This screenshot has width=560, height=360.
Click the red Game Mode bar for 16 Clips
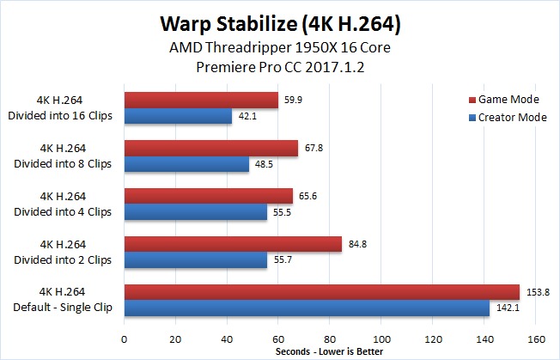[202, 100]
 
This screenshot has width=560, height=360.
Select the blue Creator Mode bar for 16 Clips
[178, 116]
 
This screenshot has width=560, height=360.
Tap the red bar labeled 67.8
[211, 149]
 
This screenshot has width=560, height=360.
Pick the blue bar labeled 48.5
[186, 164]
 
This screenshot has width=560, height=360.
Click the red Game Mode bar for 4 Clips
[209, 196]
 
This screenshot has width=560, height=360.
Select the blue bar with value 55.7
[196, 260]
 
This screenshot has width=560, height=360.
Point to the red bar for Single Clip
[322, 292]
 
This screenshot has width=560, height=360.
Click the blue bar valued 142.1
[307, 308]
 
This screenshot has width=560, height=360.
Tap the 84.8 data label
[357, 244]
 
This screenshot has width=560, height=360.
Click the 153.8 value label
[538, 292]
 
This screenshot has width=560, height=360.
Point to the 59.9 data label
[293, 100]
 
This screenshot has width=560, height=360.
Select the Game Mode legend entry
[504, 100]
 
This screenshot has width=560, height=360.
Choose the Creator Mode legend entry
[508, 118]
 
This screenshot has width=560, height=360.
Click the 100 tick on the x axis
[381, 339]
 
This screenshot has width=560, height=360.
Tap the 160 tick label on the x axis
[535, 339]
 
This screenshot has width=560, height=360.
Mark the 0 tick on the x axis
[125, 339]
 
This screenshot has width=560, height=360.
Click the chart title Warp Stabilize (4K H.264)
[280, 24]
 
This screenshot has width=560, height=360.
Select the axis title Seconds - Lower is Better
[329, 351]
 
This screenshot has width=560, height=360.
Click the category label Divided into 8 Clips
[63, 163]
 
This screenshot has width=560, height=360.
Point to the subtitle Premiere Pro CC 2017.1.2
[280, 67]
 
